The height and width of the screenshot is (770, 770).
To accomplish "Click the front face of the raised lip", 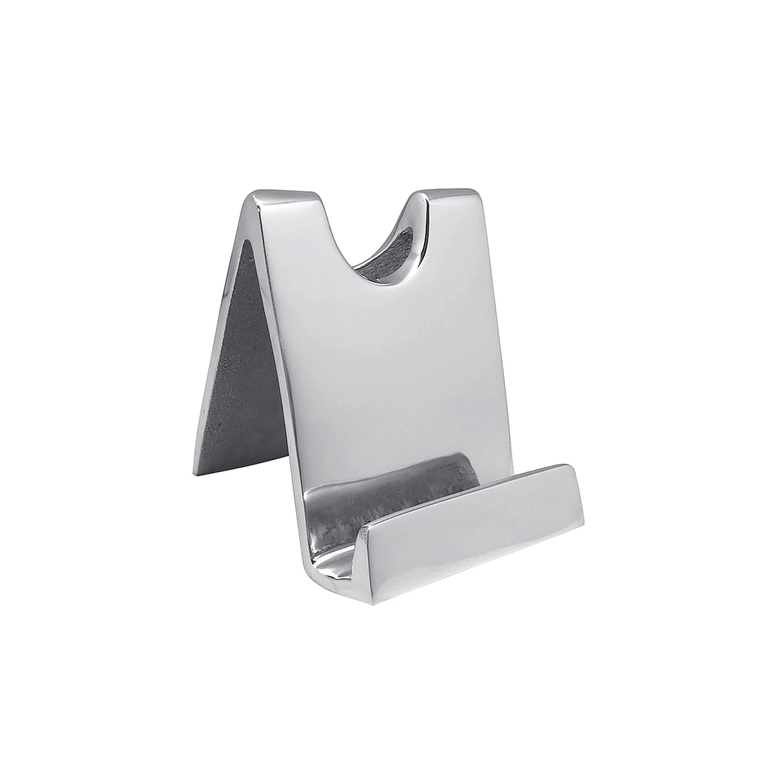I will click(470, 534).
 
